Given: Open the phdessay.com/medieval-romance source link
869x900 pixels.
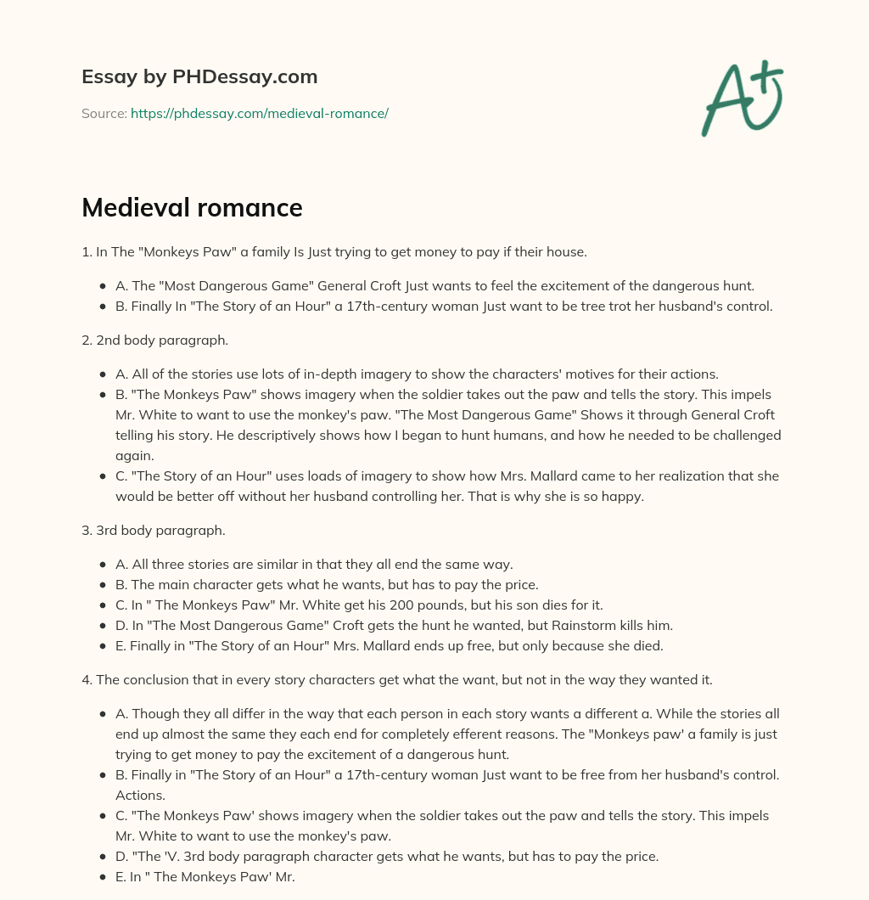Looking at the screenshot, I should tap(259, 113).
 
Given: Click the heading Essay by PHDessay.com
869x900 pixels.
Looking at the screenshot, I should tap(199, 77).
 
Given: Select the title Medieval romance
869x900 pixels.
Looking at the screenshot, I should tap(192, 207).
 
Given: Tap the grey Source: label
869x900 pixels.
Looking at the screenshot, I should tap(104, 113).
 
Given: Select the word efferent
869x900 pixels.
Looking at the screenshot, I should tap(487, 734).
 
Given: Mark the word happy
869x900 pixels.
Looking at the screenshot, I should tap(624, 497).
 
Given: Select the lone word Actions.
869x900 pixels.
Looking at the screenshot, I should tap(140, 796).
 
